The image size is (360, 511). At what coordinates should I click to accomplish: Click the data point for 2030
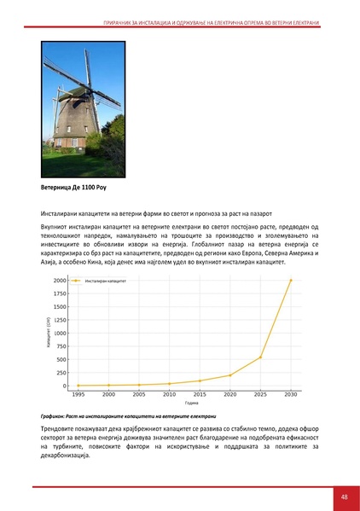(290, 280)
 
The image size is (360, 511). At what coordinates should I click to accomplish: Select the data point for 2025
(260, 357)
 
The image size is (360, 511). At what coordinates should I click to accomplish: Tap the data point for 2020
(230, 375)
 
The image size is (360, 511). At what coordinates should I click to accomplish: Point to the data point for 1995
(79, 386)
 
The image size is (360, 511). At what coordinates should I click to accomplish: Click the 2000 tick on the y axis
(60, 280)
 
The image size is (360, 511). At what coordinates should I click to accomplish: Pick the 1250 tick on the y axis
(60, 320)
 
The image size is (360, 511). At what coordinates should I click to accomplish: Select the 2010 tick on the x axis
(170, 395)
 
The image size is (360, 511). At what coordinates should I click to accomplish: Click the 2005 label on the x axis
(139, 395)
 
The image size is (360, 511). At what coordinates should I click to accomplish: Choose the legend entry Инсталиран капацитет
(105, 281)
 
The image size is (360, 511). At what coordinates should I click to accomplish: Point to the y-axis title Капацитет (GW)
(49, 332)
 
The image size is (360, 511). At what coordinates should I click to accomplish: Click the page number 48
(344, 496)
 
